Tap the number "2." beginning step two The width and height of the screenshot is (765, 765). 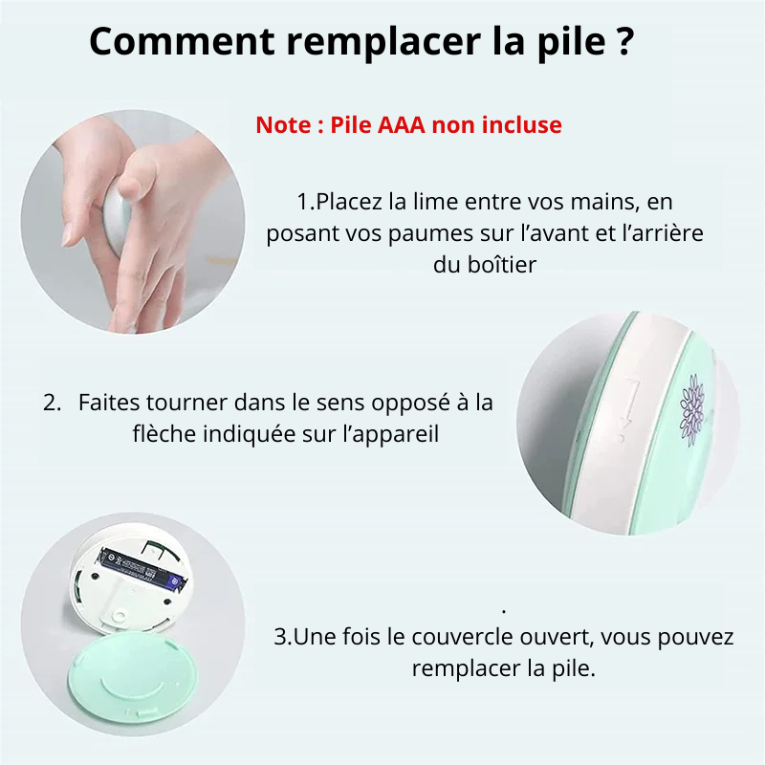coord(53,403)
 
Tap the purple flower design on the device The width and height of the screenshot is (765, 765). coord(690,406)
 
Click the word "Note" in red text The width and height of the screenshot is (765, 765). coord(283,125)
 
